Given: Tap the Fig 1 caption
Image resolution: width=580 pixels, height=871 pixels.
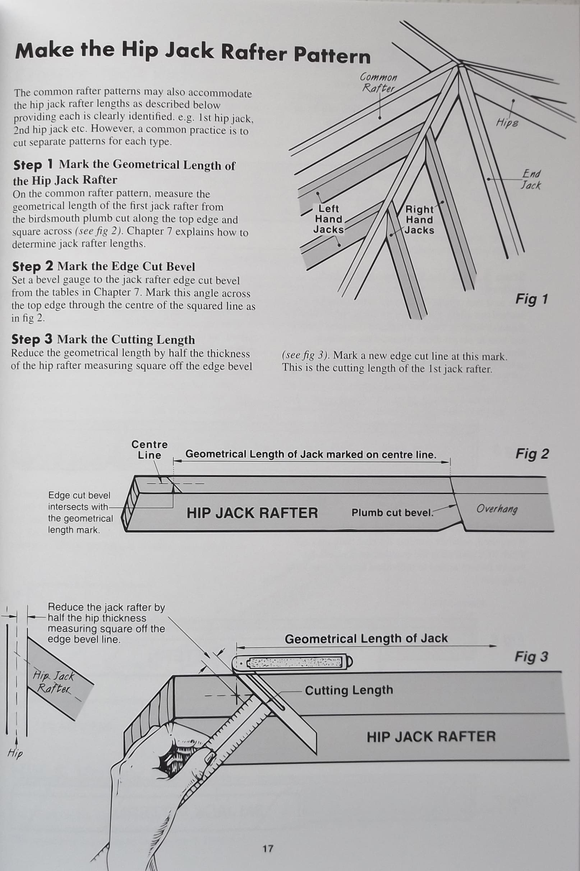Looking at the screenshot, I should [x=531, y=299].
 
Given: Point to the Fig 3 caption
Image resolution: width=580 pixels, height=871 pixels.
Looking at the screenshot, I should [x=531, y=656].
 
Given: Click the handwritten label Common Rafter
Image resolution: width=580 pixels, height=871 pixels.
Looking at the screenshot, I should [x=378, y=83].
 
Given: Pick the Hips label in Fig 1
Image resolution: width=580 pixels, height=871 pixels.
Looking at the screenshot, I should [x=507, y=123].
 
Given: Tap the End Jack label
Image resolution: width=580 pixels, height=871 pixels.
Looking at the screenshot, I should [x=531, y=179].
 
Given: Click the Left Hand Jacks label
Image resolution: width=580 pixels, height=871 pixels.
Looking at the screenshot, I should [x=328, y=219].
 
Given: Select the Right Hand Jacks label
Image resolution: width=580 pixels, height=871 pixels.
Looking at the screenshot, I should [x=419, y=220].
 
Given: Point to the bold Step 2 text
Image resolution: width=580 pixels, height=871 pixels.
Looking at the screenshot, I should [x=33, y=266].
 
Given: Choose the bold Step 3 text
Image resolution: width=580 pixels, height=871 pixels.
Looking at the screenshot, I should [x=32, y=339].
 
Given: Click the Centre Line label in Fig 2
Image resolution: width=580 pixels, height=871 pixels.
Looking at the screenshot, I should [x=149, y=450].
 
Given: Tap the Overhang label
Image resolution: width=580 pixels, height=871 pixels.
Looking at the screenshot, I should [x=496, y=509].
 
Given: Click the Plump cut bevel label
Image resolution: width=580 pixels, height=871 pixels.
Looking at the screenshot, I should [x=392, y=513].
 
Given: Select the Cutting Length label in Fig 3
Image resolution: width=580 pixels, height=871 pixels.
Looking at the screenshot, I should [x=349, y=690].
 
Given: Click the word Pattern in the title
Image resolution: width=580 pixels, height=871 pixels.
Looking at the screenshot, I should [x=332, y=55].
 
